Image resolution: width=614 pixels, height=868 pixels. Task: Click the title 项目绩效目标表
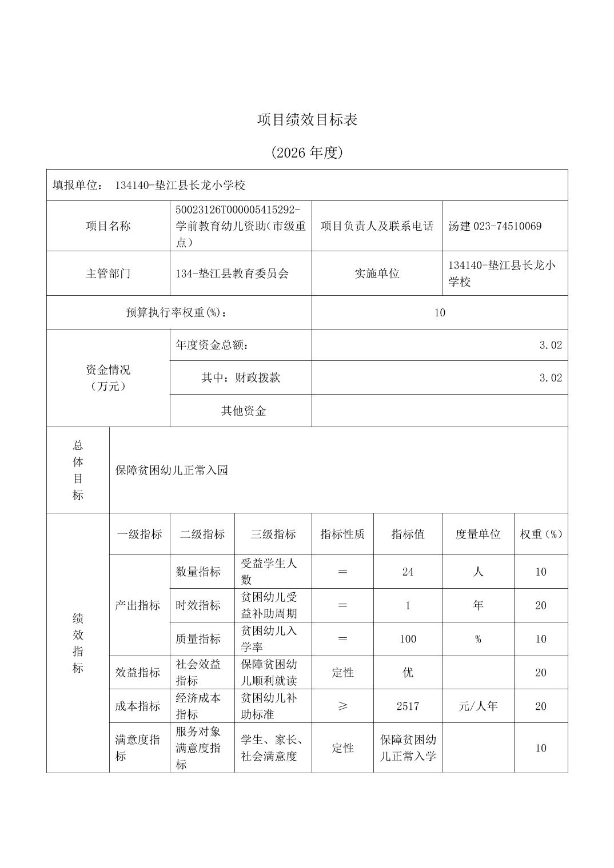[307, 120]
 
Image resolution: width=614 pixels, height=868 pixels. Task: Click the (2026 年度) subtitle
[307, 152]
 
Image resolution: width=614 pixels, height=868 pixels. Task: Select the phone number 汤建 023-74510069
[495, 226]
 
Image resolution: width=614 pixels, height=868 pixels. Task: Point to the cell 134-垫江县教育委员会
[232, 274]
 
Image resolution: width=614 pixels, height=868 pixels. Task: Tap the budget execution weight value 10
[439, 312]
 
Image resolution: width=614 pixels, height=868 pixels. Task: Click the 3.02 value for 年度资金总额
[551, 345]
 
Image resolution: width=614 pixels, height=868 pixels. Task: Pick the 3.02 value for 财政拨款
[551, 378]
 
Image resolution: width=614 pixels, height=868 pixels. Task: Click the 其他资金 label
[244, 411]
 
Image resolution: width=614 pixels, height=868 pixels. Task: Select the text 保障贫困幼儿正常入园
[172, 470]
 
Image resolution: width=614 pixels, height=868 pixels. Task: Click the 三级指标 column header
[273, 535]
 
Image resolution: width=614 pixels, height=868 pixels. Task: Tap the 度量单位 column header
[478, 535]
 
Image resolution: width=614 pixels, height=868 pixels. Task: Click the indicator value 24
[408, 572]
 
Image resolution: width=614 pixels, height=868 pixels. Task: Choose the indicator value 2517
[408, 706]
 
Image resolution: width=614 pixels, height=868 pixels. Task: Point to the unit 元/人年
[478, 706]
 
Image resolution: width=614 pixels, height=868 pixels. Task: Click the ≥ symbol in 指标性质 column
[342, 706]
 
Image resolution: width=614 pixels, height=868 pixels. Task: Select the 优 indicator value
[408, 673]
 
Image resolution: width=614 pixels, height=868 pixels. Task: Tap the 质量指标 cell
[198, 639]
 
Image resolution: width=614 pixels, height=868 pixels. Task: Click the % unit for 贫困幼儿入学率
[478, 639]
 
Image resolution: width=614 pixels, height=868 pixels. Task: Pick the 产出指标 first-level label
[137, 605]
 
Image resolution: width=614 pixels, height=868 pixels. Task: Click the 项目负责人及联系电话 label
[377, 226]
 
